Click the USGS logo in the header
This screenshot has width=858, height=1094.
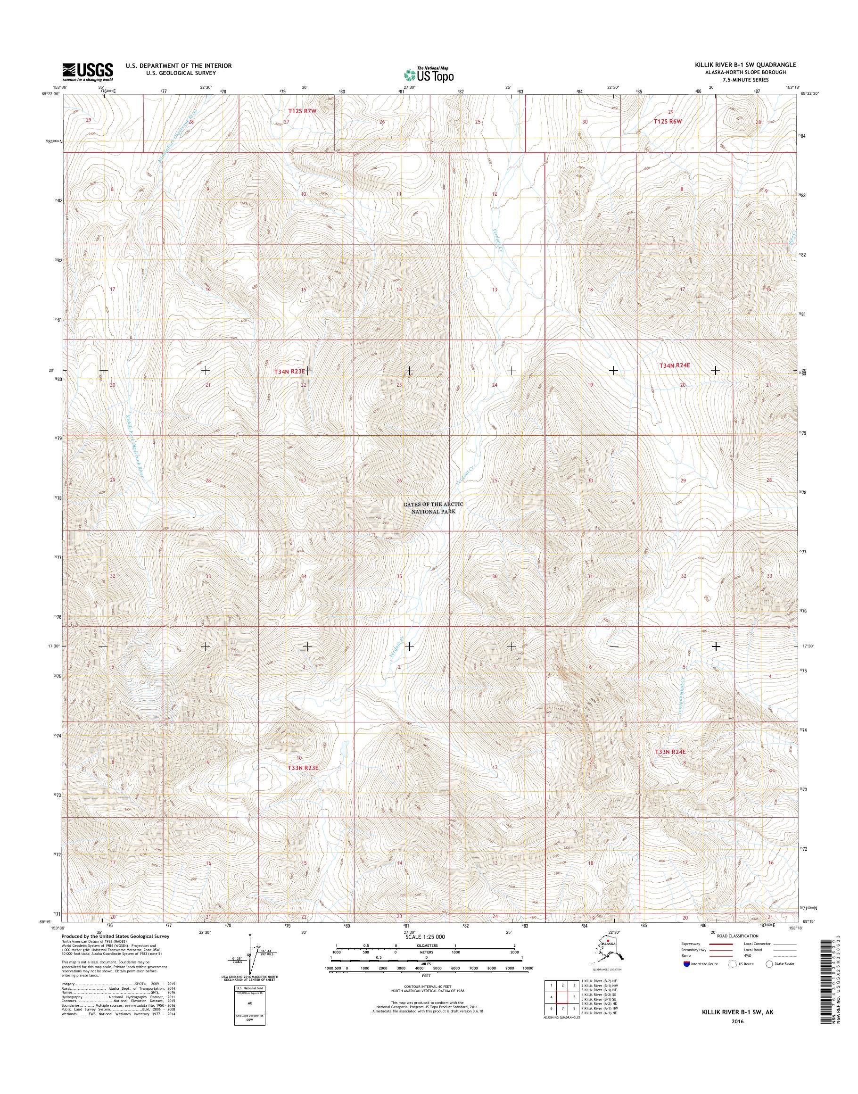click(87, 72)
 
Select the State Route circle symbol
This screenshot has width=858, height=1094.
click(768, 964)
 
